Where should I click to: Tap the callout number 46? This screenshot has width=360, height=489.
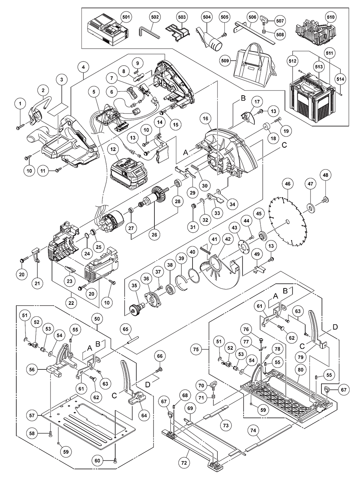(x=287, y=184)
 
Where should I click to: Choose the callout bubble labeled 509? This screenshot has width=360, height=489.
(x=225, y=61)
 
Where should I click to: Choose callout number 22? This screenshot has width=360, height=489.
(x=71, y=303)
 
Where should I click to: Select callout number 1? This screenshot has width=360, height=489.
(x=20, y=104)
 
